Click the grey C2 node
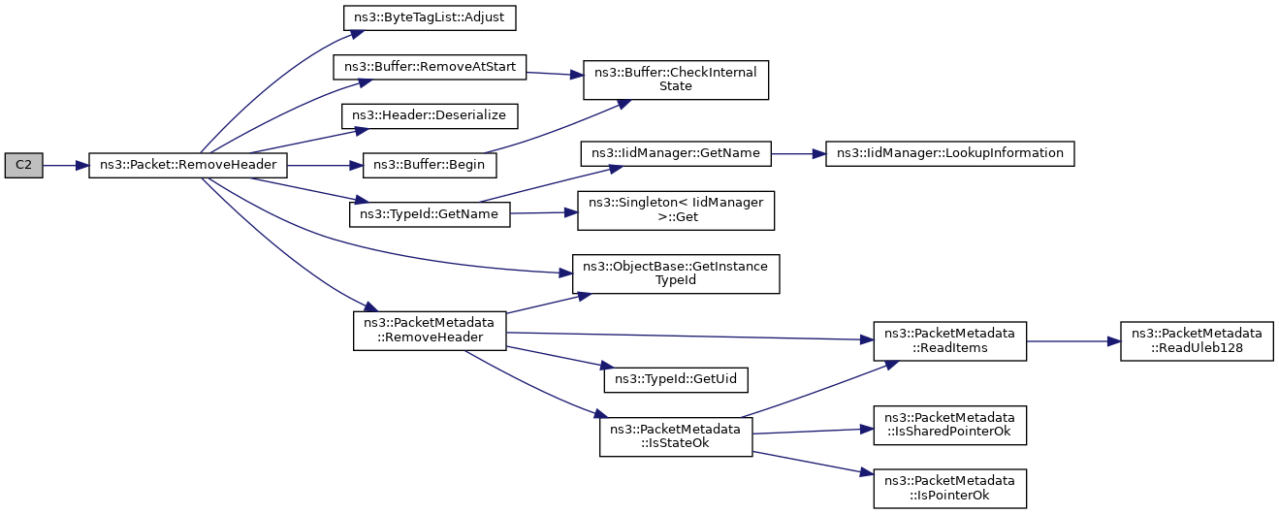[23, 166]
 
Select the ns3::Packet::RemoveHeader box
[188, 166]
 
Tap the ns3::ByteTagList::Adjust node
[430, 18]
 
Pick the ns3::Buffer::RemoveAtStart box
[430, 67]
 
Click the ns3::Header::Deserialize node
[430, 116]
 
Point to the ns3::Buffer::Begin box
[430, 166]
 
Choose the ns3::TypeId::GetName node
[430, 214]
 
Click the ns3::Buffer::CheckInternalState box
[676, 80]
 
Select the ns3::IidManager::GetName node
[676, 153]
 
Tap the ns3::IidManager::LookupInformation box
[949, 153]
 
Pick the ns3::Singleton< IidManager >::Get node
[676, 210]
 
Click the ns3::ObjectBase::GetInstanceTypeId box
[676, 274]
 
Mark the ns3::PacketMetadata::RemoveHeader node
[430, 332]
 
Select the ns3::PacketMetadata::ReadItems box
[949, 341]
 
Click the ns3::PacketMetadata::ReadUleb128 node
[1197, 341]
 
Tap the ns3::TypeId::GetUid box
[676, 380]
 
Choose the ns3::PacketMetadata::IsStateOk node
[676, 436]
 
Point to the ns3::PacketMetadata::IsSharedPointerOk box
[949, 426]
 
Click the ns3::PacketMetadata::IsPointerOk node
[949, 489]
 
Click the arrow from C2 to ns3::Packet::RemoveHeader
[66, 166]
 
